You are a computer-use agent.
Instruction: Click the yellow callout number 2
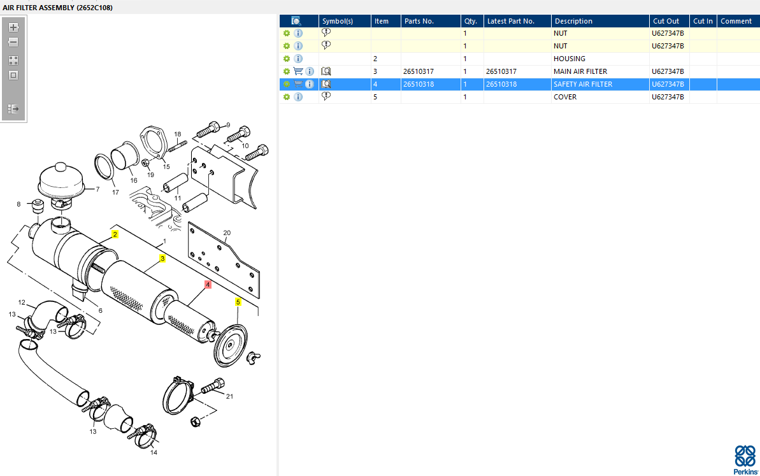(115, 234)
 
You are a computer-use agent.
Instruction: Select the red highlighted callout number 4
(208, 285)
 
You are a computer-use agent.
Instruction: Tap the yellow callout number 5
(238, 302)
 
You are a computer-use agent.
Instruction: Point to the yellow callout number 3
(162, 258)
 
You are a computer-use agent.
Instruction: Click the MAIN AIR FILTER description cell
(580, 71)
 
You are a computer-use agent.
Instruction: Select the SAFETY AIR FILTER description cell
(583, 84)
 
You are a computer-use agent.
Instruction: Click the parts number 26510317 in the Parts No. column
(419, 71)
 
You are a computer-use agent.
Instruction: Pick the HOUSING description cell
(569, 59)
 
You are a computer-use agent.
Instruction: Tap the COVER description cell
(564, 97)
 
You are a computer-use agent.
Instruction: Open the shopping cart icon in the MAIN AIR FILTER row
(298, 71)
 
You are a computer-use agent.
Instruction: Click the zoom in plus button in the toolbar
(13, 27)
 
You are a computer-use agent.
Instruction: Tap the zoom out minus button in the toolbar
(13, 43)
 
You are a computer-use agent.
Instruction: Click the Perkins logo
(745, 460)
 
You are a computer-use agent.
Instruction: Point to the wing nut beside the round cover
(253, 358)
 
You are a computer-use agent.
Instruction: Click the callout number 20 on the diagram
(227, 233)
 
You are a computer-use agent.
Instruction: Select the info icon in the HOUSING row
(298, 59)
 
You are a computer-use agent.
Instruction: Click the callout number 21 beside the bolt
(229, 396)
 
